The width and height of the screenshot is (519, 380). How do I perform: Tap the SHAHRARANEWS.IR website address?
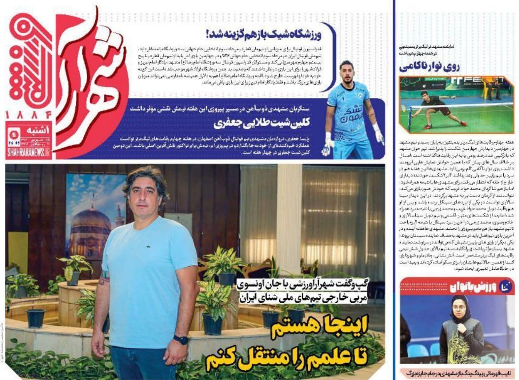pos(29,154)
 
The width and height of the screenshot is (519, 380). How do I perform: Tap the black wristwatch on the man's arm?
pos(181,340)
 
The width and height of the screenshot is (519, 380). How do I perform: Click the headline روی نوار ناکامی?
pos(433,66)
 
